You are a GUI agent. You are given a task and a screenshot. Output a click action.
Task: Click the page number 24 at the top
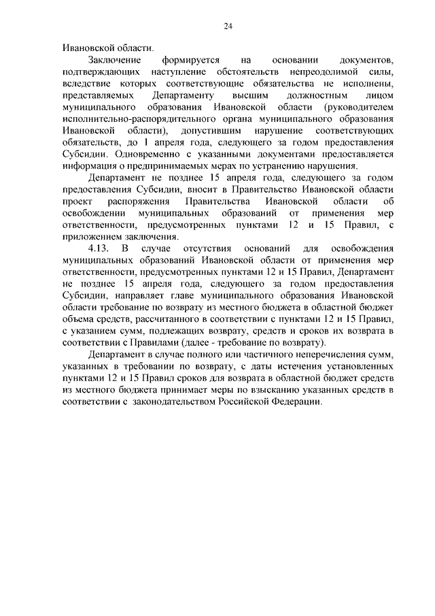[228, 26]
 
